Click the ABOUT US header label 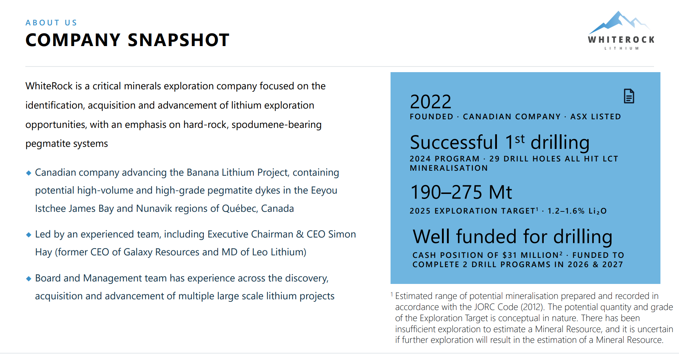pyautogui.click(x=51, y=23)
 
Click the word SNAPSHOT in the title pyautogui.click(x=178, y=40)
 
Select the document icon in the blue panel pyautogui.click(x=629, y=96)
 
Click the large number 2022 pyautogui.click(x=431, y=102)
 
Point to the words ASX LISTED pyautogui.click(x=595, y=117)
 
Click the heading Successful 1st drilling pyautogui.click(x=499, y=142)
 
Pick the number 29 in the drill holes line pyautogui.click(x=494, y=159)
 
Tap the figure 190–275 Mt pyautogui.click(x=461, y=192)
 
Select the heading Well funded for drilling pyautogui.click(x=512, y=236)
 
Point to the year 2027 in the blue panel pyautogui.click(x=613, y=265)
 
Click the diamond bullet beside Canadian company pyautogui.click(x=29, y=173)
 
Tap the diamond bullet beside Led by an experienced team pyautogui.click(x=29, y=235)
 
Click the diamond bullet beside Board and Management pyautogui.click(x=29, y=279)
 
